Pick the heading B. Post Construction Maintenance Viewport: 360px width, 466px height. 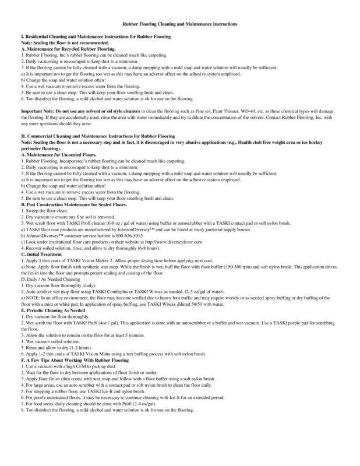[64, 204]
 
